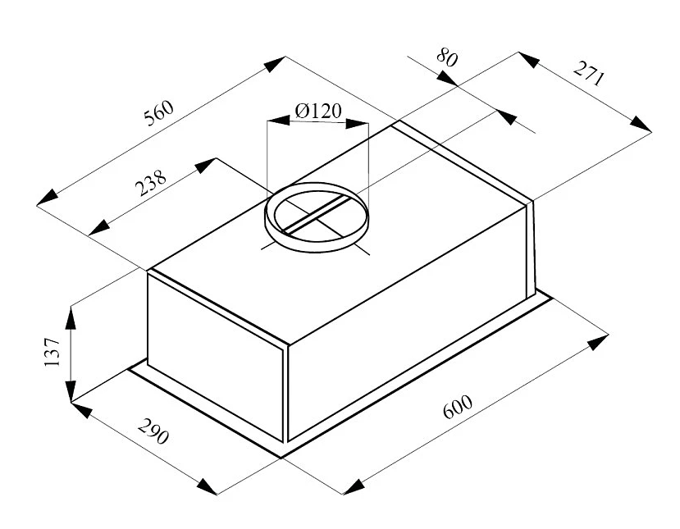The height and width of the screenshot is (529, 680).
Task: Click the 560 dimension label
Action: pos(159,112)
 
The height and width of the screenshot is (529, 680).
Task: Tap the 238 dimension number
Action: pos(150,183)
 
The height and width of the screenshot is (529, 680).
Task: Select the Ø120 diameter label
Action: pos(318,111)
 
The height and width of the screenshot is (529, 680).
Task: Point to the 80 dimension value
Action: pos(447,57)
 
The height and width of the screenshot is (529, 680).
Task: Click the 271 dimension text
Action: pos(588,74)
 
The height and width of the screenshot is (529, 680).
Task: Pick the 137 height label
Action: pos(52,351)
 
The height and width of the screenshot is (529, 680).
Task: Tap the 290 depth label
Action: pos(153,431)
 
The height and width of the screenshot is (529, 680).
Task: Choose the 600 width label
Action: pos(458,406)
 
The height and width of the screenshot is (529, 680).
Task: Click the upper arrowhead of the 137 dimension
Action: pos(71,318)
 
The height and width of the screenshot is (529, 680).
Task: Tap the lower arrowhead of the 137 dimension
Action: pos(71,390)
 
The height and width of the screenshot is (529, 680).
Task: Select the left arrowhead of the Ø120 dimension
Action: pos(278,120)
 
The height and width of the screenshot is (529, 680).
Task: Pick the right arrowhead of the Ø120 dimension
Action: pos(357,124)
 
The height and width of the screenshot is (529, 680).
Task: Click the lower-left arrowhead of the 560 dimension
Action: pos(48,198)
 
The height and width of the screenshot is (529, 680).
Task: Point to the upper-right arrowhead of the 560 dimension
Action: pos(275,64)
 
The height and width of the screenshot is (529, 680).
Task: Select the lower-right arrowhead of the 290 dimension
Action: pos(207,487)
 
